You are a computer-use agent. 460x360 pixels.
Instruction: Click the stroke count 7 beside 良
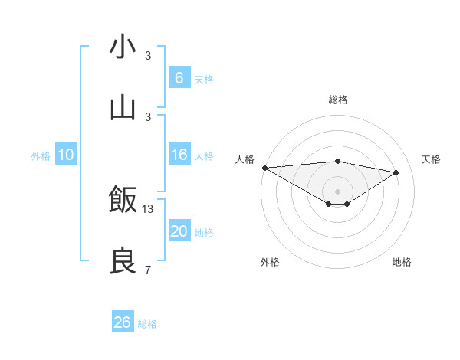pos(148,270)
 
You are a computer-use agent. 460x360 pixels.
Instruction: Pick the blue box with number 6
pos(179,77)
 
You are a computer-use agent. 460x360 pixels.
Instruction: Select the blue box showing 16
pos(179,155)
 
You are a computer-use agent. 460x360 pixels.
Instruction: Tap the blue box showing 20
pos(179,231)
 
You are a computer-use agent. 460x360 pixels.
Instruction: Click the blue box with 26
pos(122,322)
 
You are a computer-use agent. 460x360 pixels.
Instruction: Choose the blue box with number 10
pos(66,155)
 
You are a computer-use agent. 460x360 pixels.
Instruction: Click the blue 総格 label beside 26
pos(147,324)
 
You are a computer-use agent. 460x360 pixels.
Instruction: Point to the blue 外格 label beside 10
pos(41,156)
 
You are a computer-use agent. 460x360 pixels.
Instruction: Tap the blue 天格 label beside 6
pos(204,80)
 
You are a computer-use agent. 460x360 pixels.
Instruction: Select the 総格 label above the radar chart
pos(337,100)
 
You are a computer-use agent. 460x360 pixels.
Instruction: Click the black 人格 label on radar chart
pos(245,159)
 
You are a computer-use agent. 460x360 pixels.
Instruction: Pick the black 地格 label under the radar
pos(402,262)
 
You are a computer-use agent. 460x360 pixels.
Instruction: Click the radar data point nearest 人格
pos(264,168)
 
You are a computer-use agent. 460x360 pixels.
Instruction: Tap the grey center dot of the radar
pos(337,191)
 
